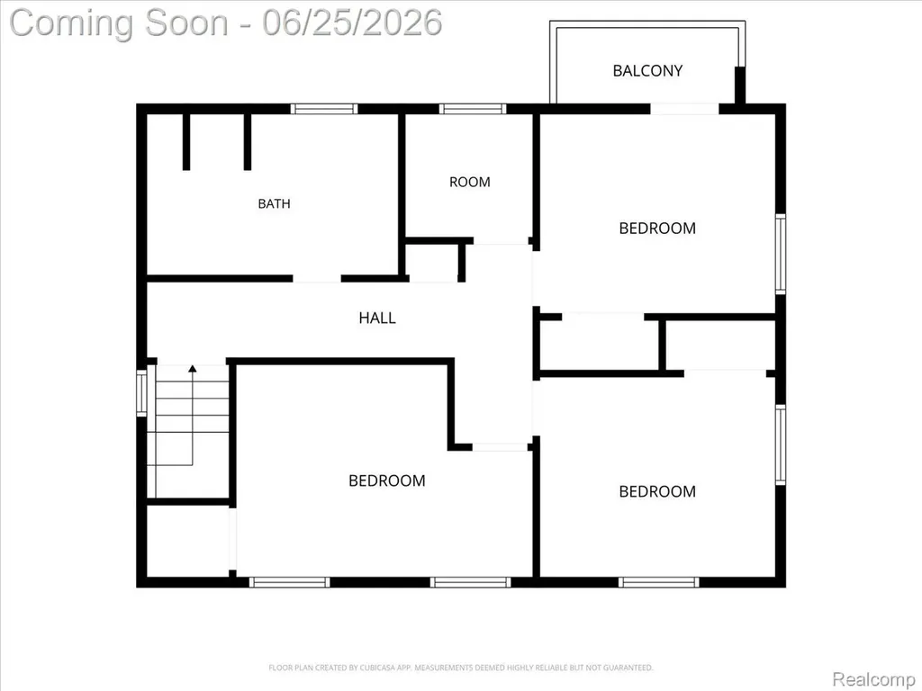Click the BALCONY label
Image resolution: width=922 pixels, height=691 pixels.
(647, 71)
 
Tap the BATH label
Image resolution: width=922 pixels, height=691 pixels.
(274, 204)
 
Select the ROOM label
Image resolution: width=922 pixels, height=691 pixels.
(469, 182)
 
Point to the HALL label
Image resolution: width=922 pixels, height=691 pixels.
(377, 318)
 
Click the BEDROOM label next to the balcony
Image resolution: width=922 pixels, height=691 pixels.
(657, 228)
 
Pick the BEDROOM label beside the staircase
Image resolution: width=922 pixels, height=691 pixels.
(387, 480)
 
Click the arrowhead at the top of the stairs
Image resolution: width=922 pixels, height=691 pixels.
(193, 368)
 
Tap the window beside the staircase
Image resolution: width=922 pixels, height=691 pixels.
(141, 393)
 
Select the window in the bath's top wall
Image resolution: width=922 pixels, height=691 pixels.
(324, 109)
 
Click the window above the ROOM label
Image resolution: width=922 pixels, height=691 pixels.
(472, 109)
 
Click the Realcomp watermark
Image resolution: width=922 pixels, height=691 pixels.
(872, 679)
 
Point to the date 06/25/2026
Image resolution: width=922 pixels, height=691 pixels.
(352, 23)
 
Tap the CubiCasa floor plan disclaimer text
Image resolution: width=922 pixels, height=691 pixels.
(460, 668)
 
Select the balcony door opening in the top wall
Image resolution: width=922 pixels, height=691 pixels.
(684, 109)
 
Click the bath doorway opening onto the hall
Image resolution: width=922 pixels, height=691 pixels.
(317, 279)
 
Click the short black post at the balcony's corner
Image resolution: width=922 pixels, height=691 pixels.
(740, 85)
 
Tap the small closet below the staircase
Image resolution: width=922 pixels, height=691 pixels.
(187, 541)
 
